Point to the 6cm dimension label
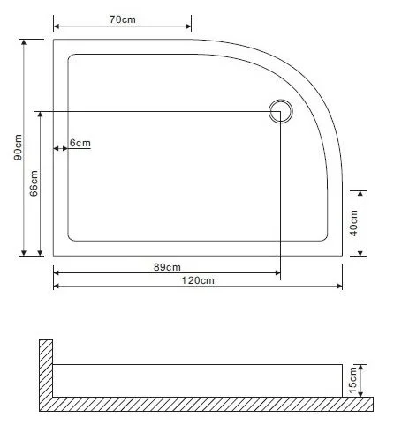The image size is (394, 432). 80,144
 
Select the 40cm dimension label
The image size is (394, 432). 353,222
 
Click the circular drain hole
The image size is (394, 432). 281,112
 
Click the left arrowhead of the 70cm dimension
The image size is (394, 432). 57,25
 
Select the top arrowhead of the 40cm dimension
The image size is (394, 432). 361,193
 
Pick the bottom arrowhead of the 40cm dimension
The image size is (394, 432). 361,252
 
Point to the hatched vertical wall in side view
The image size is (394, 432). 45,370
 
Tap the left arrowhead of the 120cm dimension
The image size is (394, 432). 57,287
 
